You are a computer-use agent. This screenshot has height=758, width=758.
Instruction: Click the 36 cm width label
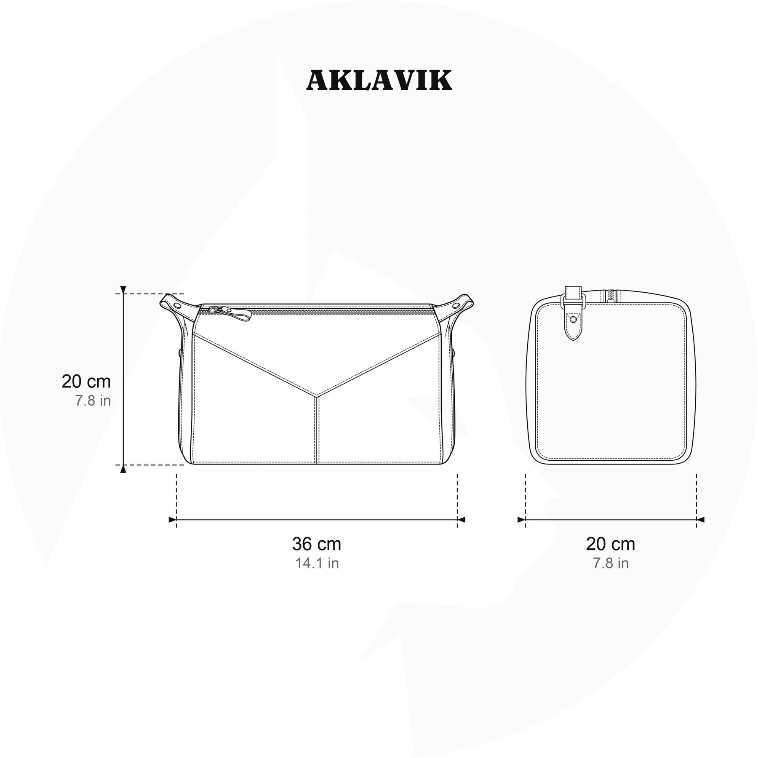[317, 544]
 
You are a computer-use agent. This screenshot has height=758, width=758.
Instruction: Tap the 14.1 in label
[317, 563]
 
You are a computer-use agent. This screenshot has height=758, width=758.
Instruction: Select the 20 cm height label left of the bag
[86, 382]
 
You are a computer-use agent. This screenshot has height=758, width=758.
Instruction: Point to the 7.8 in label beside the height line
[93, 400]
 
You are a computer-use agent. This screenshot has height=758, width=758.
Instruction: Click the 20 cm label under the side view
[611, 544]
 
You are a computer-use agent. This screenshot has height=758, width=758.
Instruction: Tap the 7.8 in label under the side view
[611, 563]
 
